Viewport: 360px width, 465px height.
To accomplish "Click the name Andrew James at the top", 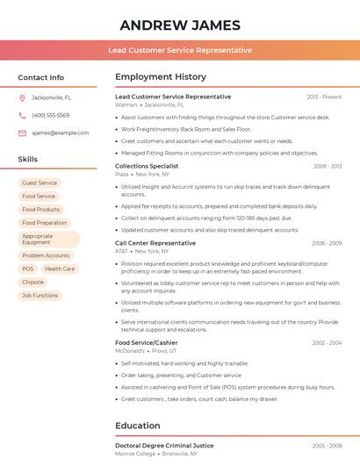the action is (x=180, y=25).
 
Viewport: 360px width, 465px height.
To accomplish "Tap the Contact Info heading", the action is (x=41, y=77).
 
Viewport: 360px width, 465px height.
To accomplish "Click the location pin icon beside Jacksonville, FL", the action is (x=22, y=97).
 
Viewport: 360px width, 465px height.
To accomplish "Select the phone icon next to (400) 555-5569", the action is (x=22, y=115).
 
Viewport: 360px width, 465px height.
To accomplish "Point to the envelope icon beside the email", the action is (x=22, y=132).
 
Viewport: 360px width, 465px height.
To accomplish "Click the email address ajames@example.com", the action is (x=61, y=132).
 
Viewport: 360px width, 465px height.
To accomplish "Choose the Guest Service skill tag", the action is (x=39, y=182).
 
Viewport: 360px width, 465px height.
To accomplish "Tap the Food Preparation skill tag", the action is (x=44, y=223).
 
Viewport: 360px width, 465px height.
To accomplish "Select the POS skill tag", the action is (x=28, y=269).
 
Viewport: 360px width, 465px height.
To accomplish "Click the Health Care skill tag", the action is (x=60, y=269).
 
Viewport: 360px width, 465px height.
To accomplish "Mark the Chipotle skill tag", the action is (x=33, y=283).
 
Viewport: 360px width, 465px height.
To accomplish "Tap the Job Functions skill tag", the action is (x=40, y=296).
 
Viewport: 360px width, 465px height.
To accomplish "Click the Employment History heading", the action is (x=161, y=77).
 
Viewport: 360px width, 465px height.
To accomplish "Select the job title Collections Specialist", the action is (x=147, y=166).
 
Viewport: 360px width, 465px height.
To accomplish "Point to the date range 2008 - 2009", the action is (x=326, y=243).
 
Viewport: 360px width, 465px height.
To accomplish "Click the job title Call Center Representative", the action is (x=155, y=243).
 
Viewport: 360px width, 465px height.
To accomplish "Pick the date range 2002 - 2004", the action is (x=326, y=343).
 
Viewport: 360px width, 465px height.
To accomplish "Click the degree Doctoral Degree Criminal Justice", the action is (x=164, y=446).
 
